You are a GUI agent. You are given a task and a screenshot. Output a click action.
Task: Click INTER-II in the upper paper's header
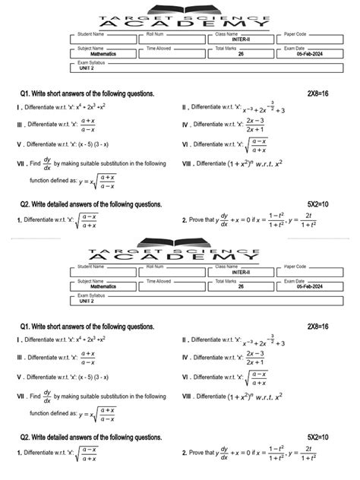(x=229, y=39)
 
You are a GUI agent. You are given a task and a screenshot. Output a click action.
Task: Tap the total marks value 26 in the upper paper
(x=241, y=55)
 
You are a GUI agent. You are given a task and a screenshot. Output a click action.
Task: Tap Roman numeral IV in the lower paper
(x=186, y=357)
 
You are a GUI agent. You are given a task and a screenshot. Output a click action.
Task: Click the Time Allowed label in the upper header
(x=159, y=49)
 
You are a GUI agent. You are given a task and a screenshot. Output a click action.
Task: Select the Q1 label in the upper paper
(x=27, y=93)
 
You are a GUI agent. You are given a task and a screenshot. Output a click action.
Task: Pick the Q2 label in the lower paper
(x=27, y=437)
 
